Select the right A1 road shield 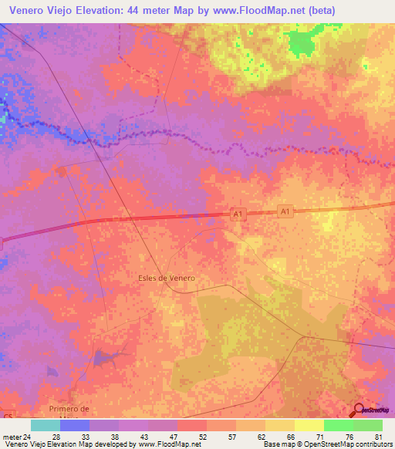[x=285, y=211]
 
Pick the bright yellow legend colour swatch [x=309, y=425]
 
